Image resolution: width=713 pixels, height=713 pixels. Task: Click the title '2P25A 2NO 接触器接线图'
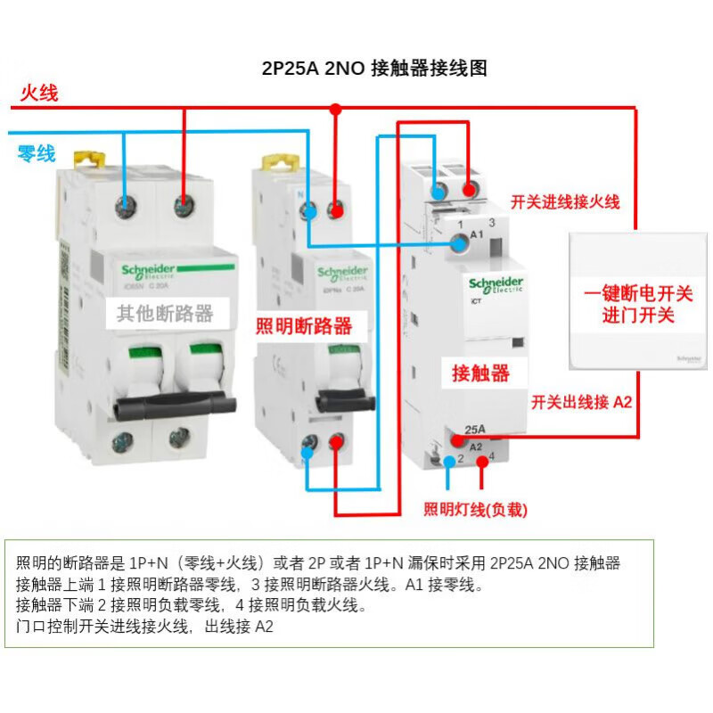tap(374, 69)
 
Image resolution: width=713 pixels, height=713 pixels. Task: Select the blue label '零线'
tap(37, 153)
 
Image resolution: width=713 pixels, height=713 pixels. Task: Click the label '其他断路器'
tap(166, 313)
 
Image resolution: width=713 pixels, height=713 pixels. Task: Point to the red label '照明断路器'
tap(304, 325)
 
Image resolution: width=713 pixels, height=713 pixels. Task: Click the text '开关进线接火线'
tap(565, 202)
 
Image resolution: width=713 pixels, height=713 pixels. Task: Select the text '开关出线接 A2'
tap(581, 402)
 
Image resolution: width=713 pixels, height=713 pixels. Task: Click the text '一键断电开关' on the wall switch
tap(638, 294)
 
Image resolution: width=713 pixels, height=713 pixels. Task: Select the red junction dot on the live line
tap(336, 109)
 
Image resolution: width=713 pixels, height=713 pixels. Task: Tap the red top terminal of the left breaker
tap(184, 207)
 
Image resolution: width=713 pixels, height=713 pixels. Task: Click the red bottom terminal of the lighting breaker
tap(336, 443)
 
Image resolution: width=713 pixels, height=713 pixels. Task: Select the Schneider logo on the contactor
tap(496, 283)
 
